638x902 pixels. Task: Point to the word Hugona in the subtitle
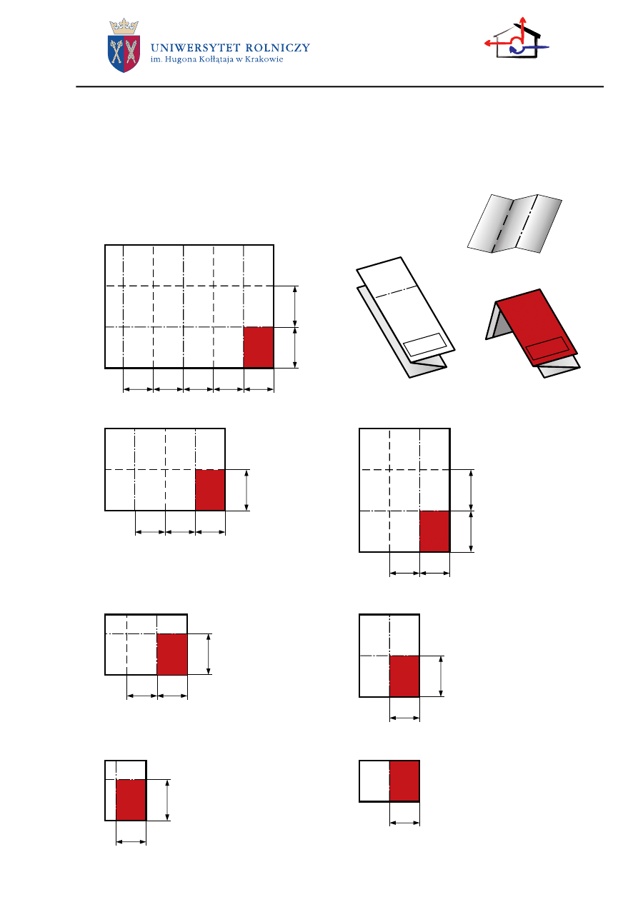(x=179, y=60)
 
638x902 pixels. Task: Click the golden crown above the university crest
(x=124, y=26)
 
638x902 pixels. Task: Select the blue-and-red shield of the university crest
(x=124, y=54)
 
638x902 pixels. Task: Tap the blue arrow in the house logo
(x=533, y=46)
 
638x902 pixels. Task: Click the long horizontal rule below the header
(x=340, y=87)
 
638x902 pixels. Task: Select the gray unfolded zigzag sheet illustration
(x=514, y=223)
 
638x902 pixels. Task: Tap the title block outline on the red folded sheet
(x=548, y=349)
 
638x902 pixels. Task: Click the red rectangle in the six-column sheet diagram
(x=259, y=348)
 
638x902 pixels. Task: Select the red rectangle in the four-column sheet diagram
(x=211, y=490)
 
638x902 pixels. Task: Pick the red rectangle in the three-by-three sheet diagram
(x=434, y=531)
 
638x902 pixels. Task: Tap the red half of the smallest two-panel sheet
(x=404, y=781)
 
